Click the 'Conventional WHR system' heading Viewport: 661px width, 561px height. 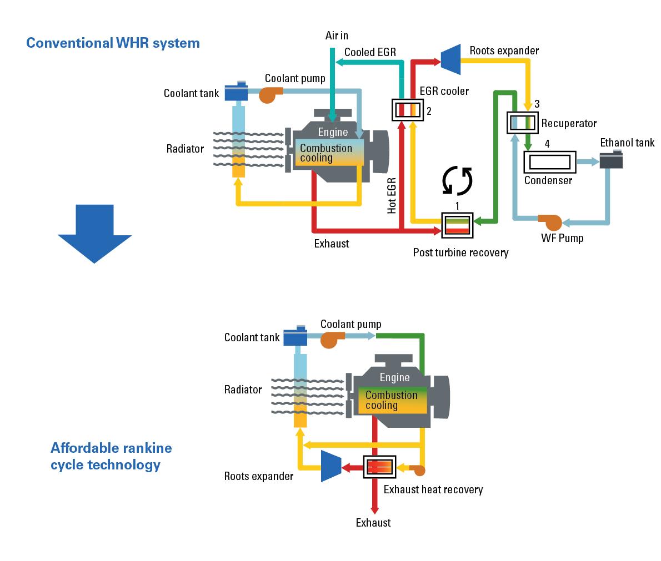point(113,43)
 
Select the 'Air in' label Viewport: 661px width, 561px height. point(337,36)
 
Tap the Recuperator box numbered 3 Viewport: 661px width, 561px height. point(523,122)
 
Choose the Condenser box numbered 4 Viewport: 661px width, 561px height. point(549,162)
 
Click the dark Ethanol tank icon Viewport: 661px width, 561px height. point(610,160)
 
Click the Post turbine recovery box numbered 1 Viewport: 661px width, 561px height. point(457,224)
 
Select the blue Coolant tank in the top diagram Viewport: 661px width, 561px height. point(237,91)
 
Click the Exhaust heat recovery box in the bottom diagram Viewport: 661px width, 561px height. point(379,467)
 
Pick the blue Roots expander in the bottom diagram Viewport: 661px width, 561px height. point(331,466)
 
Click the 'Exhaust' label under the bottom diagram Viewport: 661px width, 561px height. point(373,523)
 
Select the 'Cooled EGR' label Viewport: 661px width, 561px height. point(370,52)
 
